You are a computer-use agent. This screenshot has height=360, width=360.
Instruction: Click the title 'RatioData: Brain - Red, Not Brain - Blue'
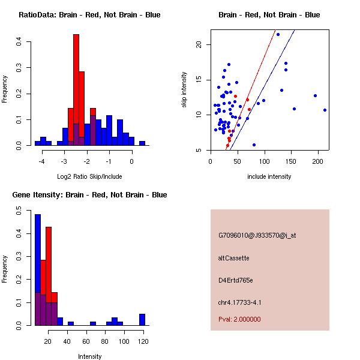click(89, 15)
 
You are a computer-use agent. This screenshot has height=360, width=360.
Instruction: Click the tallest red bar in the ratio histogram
click(76, 90)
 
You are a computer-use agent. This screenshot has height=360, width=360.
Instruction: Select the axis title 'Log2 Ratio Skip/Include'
click(89, 176)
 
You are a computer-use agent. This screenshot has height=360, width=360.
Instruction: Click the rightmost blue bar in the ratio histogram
click(142, 143)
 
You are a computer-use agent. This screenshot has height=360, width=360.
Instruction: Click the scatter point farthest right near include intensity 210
click(325, 110)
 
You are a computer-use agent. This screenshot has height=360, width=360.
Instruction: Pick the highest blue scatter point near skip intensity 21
click(278, 34)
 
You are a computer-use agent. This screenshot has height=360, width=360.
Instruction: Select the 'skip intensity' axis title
click(185, 90)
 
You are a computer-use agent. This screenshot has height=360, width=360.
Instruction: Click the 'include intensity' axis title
click(269, 176)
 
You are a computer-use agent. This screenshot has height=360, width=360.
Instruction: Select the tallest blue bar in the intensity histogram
click(38, 270)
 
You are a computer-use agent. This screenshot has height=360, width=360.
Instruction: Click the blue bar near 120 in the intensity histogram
click(142, 319)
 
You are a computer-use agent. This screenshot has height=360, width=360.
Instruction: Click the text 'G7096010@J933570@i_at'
click(257, 235)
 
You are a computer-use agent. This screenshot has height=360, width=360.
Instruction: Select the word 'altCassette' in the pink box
click(233, 258)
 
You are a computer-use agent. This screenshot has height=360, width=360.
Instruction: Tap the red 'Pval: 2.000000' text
click(239, 319)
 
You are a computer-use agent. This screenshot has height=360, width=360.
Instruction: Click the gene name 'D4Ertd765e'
click(236, 280)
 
